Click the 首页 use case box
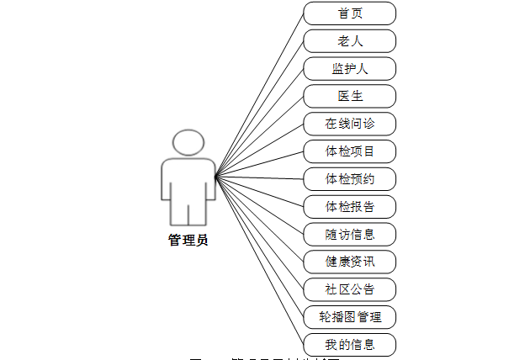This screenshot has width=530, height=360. point(349,13)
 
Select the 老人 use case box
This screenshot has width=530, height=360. point(349,40)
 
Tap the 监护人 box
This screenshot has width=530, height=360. point(349,68)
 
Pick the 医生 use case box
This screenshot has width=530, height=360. point(349,96)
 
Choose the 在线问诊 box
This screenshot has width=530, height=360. point(349,124)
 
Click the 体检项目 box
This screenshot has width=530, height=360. point(349,151)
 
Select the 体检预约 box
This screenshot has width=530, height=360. point(349,178)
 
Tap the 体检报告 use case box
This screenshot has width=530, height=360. point(349,206)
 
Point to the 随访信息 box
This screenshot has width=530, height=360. point(349,234)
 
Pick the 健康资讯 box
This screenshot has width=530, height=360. point(349,262)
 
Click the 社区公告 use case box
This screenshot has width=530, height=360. point(349,289)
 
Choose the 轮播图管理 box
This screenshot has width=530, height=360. point(349,316)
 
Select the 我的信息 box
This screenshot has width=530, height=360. point(349,344)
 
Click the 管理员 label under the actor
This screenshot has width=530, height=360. point(188,241)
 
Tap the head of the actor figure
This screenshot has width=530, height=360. point(188,144)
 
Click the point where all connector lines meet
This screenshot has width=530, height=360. point(215,177)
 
